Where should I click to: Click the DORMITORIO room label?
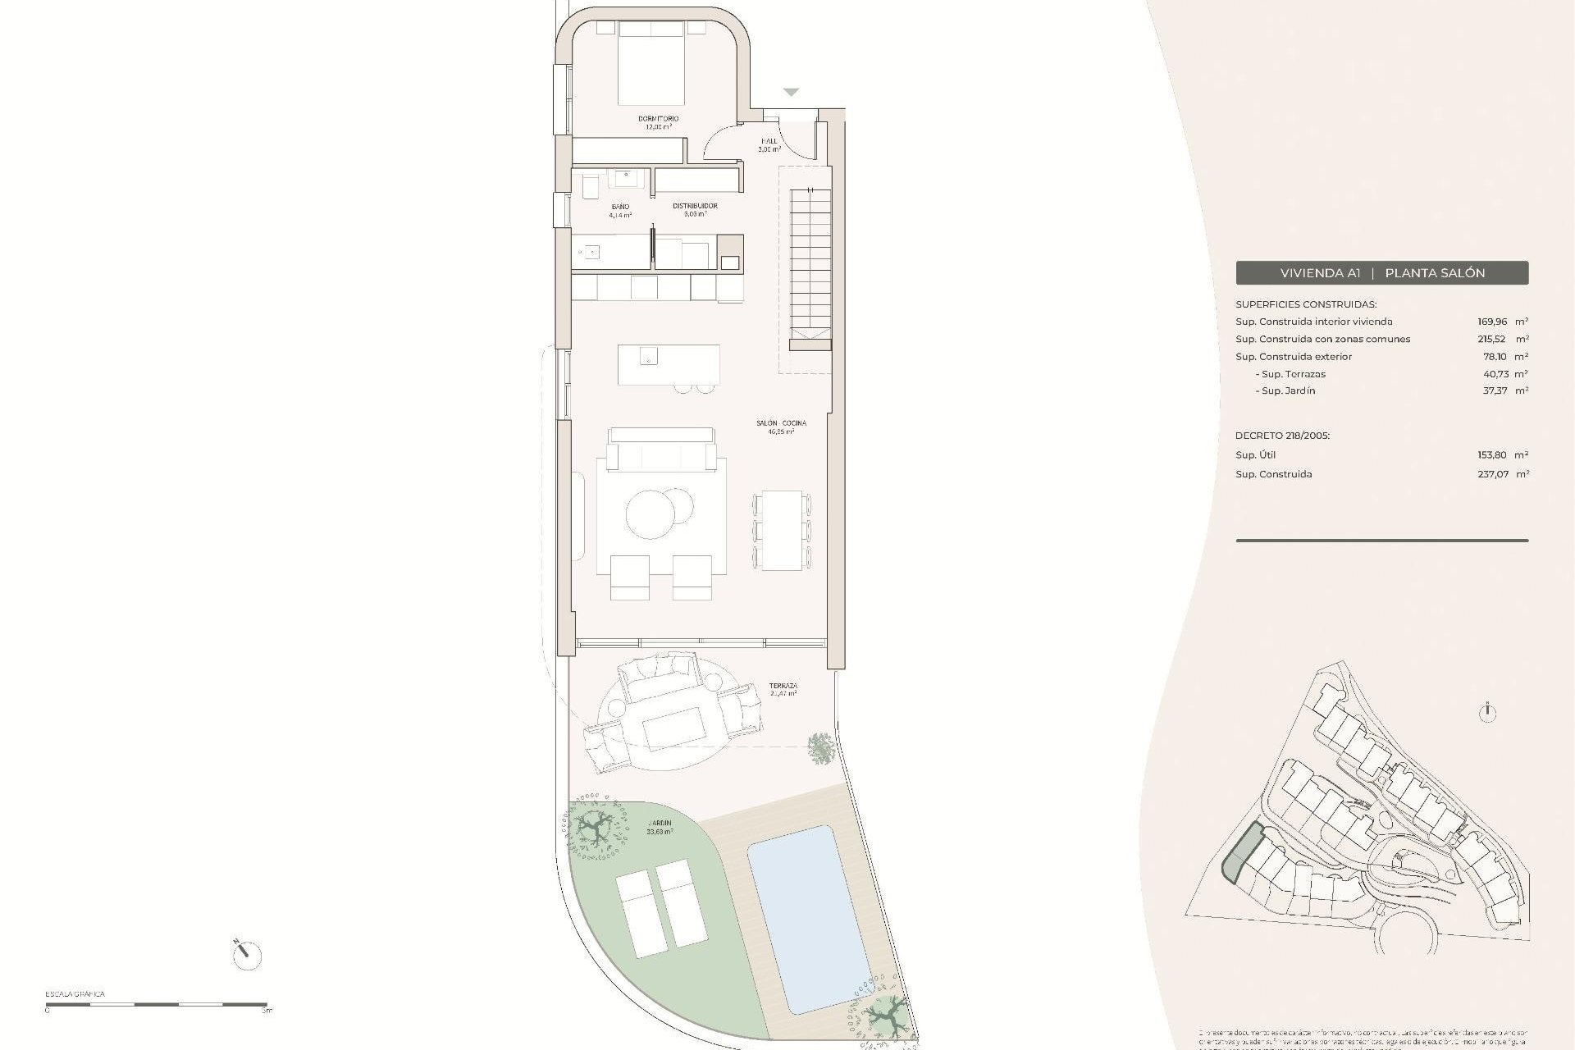tap(658, 119)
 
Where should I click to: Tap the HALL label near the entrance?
tap(769, 142)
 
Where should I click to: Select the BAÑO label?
tap(619, 207)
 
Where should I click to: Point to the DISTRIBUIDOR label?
tap(695, 206)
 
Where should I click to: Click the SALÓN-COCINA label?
tap(781, 423)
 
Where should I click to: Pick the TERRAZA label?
tap(783, 686)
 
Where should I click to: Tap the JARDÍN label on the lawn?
tap(660, 823)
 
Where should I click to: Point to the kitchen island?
tap(669, 364)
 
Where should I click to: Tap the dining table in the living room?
tap(782, 530)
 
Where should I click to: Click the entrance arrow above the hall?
tap(790, 92)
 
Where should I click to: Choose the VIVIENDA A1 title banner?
tap(1381, 273)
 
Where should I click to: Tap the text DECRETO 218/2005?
tap(1282, 436)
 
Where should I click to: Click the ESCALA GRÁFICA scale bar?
tap(156, 1004)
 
